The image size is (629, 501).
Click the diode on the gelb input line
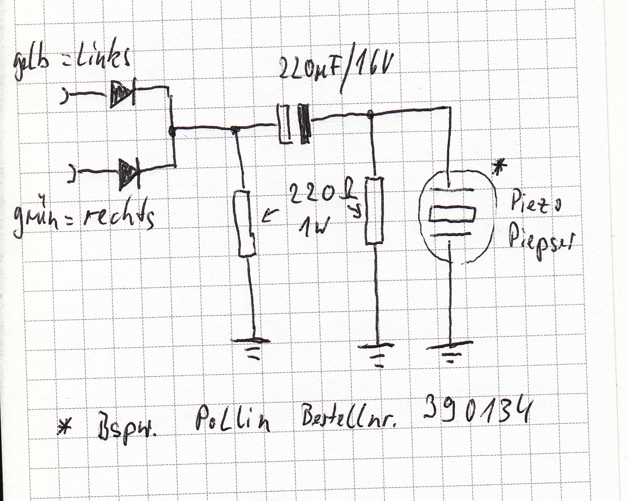[x=123, y=94]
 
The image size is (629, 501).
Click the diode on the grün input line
[x=128, y=173]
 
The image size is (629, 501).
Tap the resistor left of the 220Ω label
[x=246, y=222]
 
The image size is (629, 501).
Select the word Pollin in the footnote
[x=232, y=420]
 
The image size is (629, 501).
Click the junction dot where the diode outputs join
[x=172, y=132]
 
